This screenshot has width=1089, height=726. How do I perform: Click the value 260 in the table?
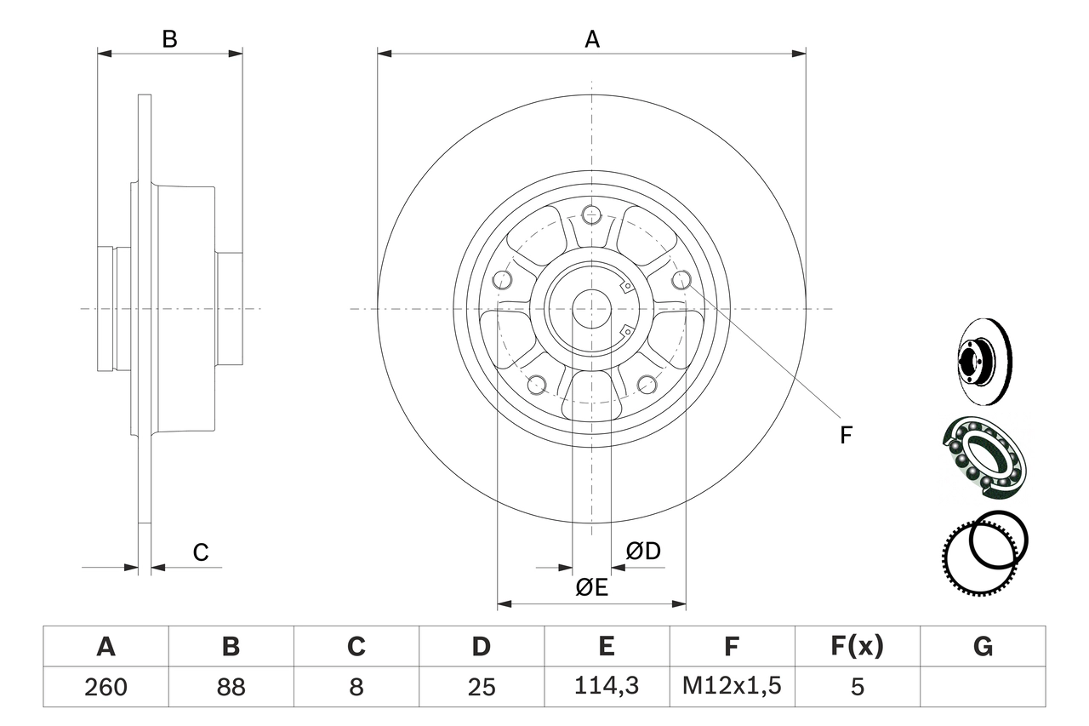point(105,687)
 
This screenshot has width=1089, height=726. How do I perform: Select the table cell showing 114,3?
point(607,687)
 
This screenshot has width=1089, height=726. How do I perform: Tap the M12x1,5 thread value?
point(732,687)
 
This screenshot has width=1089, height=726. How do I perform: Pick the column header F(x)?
point(857,647)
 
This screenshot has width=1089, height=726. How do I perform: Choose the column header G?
point(983,647)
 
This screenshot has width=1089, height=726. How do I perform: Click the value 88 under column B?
point(231,687)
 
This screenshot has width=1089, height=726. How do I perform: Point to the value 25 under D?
point(482,687)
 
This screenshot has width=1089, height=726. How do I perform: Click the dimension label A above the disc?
point(592,39)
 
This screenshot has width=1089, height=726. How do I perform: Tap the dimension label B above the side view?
point(170,39)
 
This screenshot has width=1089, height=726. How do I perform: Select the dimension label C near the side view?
point(200,552)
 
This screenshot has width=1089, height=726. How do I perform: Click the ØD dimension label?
point(643,552)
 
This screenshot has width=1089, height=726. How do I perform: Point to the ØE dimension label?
point(591,587)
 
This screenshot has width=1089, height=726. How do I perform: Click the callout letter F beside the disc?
point(846,436)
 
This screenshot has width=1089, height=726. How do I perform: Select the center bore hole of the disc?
point(592,308)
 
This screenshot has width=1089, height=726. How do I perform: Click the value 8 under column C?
point(356,687)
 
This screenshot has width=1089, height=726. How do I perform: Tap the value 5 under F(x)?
point(857,687)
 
